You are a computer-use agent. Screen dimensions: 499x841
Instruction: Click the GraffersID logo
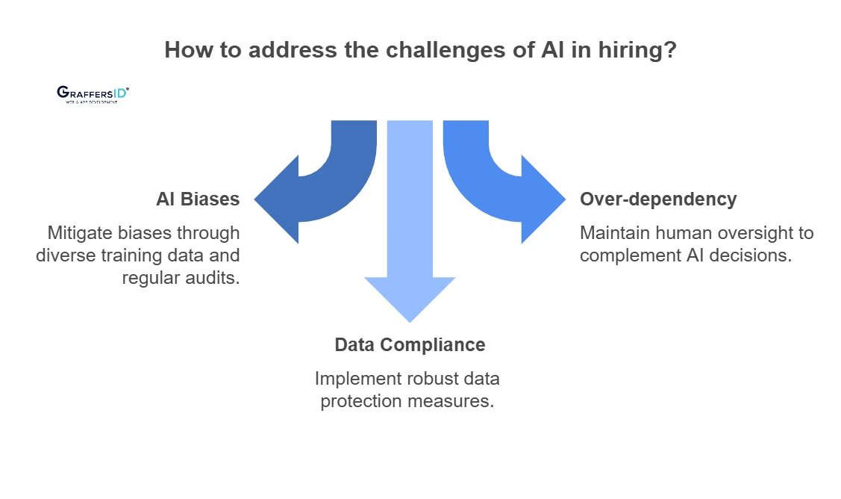[93, 93]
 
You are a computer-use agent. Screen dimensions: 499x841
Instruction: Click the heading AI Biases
[198, 199]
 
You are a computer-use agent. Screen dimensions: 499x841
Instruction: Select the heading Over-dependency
[658, 199]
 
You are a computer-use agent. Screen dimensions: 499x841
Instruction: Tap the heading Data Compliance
[410, 345]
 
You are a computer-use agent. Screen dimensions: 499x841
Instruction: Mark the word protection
[361, 401]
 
